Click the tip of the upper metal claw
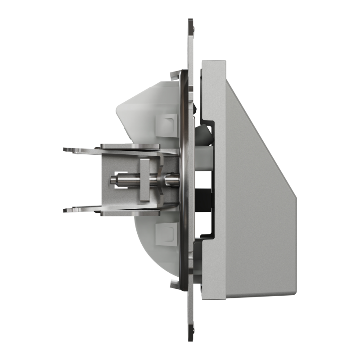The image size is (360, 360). [x=66, y=149]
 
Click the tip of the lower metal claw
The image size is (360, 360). [x=66, y=210]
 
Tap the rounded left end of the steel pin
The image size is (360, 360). [x=112, y=180]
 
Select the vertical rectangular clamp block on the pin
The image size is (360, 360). [x=144, y=180]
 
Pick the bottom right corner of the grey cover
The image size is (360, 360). [x=295, y=295]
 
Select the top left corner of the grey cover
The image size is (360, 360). [x=203, y=62]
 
